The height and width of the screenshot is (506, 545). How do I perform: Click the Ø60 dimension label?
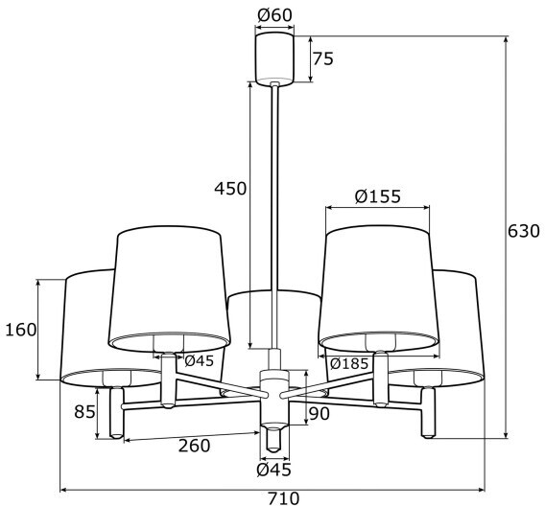[x=274, y=15]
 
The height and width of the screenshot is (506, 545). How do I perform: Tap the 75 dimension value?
[x=323, y=58]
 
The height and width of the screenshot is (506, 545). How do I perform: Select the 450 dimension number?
[x=230, y=189]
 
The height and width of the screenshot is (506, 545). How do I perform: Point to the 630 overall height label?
[x=524, y=231]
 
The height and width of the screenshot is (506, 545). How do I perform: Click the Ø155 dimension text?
[x=377, y=196]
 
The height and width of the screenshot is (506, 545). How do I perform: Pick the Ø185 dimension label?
[x=348, y=363]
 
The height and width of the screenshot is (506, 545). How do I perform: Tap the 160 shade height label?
[x=21, y=330]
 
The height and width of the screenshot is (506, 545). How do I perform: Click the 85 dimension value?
[x=84, y=412]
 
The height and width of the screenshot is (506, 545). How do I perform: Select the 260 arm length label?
[x=194, y=446]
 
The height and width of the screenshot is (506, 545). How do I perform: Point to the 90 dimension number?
[x=319, y=414]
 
